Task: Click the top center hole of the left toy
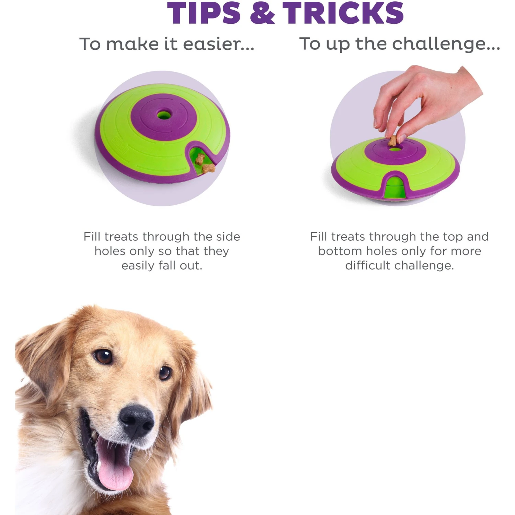164,115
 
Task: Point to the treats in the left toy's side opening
205,164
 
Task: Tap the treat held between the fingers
392,140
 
